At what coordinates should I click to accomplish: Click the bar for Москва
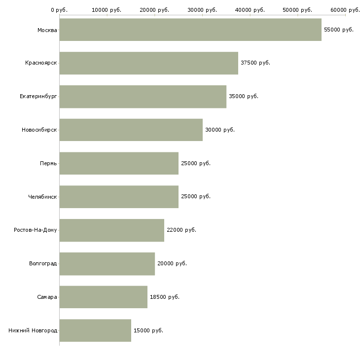coord(190,30)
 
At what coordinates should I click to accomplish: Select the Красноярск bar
coord(149,63)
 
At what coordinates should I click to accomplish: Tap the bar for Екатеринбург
coord(143,97)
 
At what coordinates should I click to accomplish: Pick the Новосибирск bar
coord(131,130)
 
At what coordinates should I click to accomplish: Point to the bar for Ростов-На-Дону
coord(112,230)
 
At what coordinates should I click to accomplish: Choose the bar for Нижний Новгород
coord(95,330)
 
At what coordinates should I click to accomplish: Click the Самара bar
coord(104,297)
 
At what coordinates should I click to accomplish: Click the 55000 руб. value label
coord(339,30)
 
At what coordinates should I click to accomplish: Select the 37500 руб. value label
coord(255,63)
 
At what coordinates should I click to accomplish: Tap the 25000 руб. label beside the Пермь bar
coord(196,163)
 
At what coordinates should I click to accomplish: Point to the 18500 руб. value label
coord(165,297)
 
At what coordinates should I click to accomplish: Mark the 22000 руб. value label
coord(181,230)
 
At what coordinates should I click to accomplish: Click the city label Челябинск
coord(42,197)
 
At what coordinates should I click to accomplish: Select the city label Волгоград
coord(43,263)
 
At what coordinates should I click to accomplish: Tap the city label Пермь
coord(48,163)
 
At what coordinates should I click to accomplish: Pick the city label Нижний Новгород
coord(33,330)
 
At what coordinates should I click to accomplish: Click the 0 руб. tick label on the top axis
coord(59,10)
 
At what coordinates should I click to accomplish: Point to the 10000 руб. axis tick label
coord(107,10)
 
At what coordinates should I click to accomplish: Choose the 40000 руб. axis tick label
coord(250,10)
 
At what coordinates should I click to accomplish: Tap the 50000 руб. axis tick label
coord(297,10)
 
